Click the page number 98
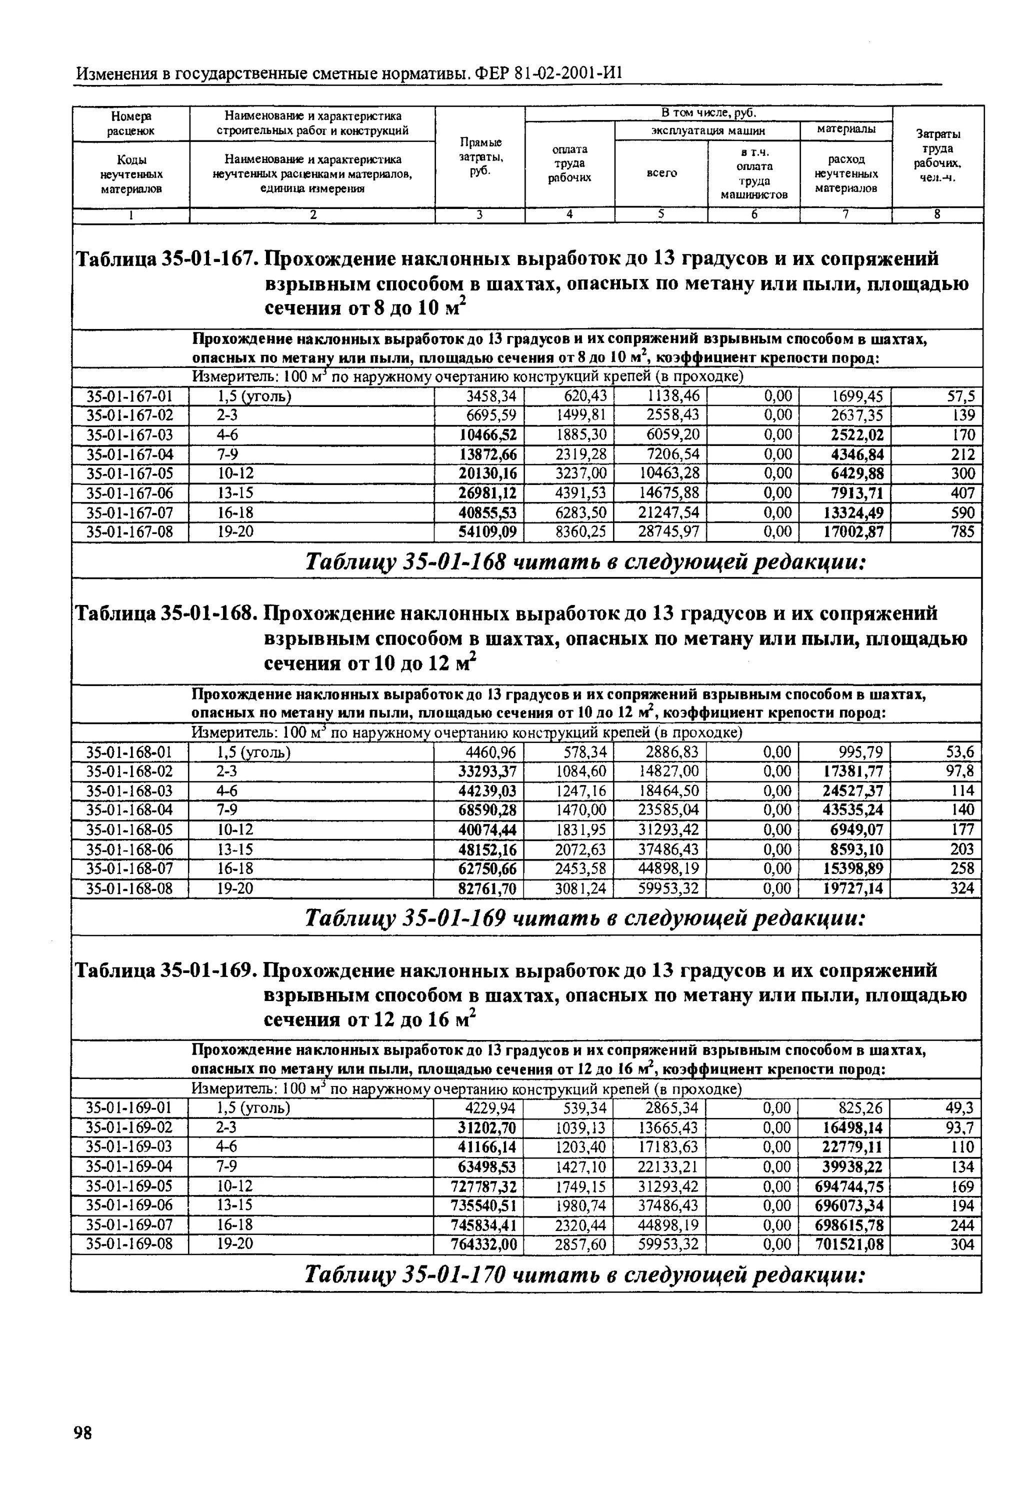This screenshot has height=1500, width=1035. [x=83, y=1432]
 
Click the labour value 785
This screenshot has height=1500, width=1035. [x=962, y=532]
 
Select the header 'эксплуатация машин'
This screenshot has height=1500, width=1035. [x=707, y=130]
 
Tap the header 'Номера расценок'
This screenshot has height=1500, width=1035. [x=130, y=123]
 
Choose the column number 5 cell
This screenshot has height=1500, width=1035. [x=661, y=214]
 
